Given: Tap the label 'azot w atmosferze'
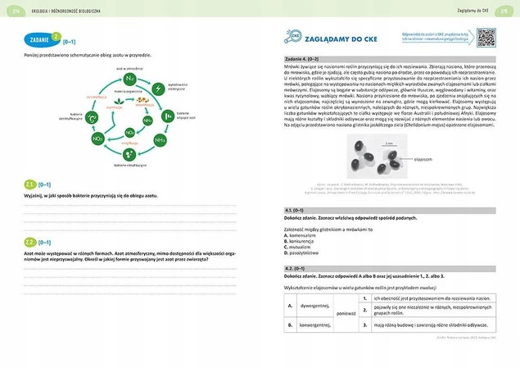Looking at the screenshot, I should coord(129,68).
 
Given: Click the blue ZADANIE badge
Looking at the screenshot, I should coord(38,38).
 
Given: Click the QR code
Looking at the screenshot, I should coord(486,38).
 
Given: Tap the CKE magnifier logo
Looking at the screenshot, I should coord(293,37).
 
